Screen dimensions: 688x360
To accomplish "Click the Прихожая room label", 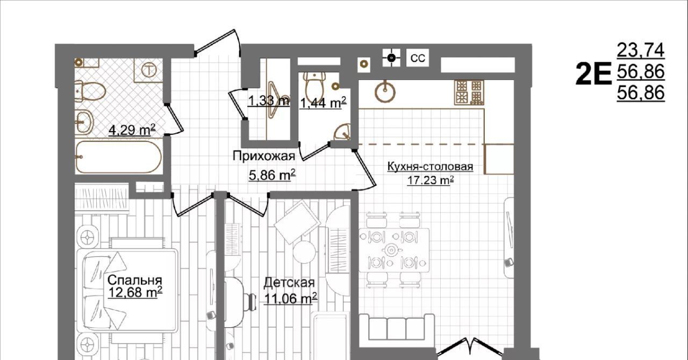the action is click(x=264, y=156).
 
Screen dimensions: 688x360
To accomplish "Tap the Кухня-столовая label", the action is click(x=430, y=167).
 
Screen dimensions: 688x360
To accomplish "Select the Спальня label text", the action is click(x=135, y=280).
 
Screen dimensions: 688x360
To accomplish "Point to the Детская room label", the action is click(x=289, y=283).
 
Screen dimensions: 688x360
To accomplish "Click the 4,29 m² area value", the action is click(x=132, y=130).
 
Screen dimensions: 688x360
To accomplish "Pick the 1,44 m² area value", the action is click(x=324, y=103).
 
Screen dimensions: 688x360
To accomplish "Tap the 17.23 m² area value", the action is click(x=431, y=181).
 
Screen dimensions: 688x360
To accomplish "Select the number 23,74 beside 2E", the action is click(x=641, y=50).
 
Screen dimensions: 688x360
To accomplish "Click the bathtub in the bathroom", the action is click(x=118, y=157).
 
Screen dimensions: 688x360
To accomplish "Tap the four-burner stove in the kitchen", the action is click(x=469, y=92).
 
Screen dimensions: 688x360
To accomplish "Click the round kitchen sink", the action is click(x=385, y=91).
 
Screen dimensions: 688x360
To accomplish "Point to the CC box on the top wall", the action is click(x=418, y=57).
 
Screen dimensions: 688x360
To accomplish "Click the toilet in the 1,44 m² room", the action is click(x=315, y=84).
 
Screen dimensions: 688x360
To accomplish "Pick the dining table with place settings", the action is click(x=395, y=250).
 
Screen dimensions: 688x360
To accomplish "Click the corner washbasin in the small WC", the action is click(x=343, y=132).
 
